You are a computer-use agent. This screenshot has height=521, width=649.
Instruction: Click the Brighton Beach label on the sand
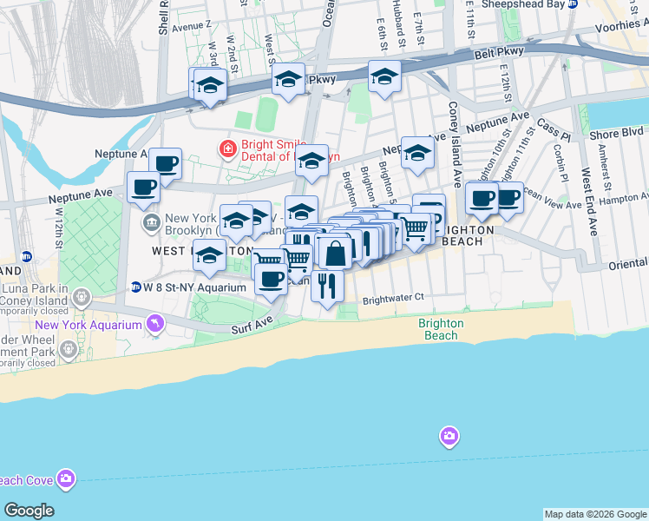(x=440, y=329)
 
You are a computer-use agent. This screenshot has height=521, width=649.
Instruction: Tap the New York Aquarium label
(x=88, y=325)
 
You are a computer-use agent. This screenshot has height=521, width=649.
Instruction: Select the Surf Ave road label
(x=252, y=329)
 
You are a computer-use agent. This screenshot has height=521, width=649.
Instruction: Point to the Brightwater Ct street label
(x=393, y=298)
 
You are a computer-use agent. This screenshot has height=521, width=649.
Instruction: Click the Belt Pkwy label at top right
(x=494, y=55)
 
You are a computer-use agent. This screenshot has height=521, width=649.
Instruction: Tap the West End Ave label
(x=590, y=201)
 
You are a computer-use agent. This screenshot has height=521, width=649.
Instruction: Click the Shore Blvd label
(x=616, y=134)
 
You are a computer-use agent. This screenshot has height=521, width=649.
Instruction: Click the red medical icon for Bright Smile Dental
(x=228, y=149)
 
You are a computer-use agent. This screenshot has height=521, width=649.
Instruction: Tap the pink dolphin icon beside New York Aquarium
(x=154, y=325)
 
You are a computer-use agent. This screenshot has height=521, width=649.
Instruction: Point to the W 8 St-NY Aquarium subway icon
(x=135, y=287)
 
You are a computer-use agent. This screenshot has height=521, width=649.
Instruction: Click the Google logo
(x=29, y=511)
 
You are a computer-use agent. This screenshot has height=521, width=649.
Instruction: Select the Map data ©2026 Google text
(x=595, y=514)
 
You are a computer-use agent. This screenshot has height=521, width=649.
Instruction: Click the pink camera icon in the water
(x=449, y=435)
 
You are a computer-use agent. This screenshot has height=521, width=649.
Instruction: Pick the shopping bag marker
(x=335, y=253)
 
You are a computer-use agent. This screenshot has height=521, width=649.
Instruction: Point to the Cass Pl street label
(x=553, y=130)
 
